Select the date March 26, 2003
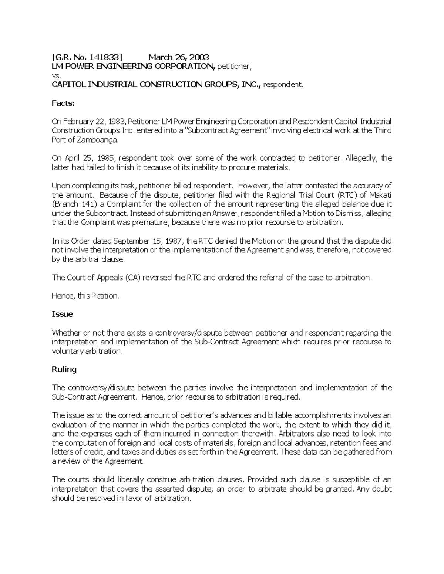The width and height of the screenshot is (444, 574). coord(179,57)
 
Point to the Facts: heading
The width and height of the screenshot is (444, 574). coord(63,103)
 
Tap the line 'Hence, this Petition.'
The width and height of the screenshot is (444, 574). coord(86,296)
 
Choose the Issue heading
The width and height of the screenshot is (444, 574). coord(62,314)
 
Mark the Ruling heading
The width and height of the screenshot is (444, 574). coord(64,369)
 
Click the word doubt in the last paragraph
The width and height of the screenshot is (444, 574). coord(381,489)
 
